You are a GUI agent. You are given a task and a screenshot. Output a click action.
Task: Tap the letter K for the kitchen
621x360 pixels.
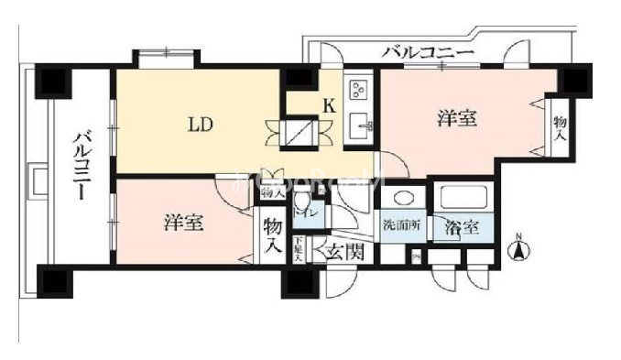point(327,105)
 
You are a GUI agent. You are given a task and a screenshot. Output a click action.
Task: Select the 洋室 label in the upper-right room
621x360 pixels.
point(455,118)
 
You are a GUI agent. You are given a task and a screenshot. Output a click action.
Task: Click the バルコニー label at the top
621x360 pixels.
point(428,52)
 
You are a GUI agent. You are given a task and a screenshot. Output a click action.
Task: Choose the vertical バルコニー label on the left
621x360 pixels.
point(82,165)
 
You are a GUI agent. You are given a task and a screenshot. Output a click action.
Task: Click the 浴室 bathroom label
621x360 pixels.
point(460,228)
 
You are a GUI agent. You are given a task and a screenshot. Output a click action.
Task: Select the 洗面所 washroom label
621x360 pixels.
point(400,225)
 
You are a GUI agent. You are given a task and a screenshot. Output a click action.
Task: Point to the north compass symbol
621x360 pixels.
point(517,247)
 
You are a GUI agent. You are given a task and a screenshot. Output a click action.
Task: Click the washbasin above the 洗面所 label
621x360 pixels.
point(400,199)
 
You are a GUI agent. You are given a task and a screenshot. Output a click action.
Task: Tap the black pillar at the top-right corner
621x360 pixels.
point(576,79)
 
